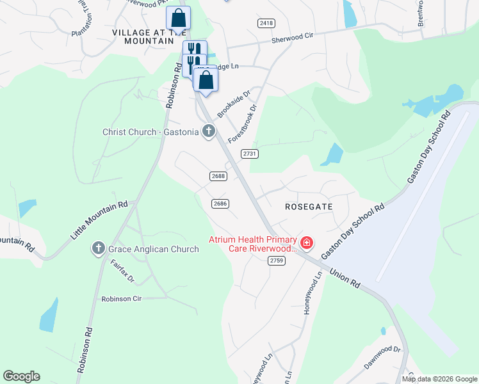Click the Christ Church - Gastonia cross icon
pos(208,132)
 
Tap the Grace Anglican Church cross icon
pos(99,249)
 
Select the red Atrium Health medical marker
pos(307,242)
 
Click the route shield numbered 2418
pos(266,23)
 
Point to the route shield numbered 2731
pos(250,154)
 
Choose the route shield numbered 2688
pos(218,176)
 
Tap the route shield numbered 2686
pos(220,204)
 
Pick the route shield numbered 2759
pos(277,260)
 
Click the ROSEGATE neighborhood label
pos(309,207)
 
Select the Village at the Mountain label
pos(143,36)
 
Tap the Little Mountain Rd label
pos(99,221)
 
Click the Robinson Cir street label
pos(121,299)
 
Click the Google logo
pos(21,376)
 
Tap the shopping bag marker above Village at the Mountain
pos(178,18)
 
